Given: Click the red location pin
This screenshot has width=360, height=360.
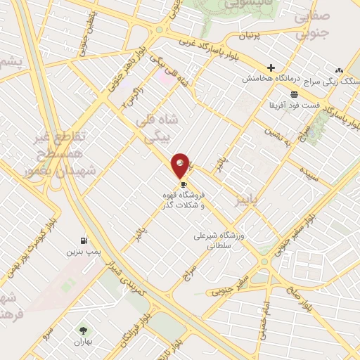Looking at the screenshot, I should (x=181, y=166).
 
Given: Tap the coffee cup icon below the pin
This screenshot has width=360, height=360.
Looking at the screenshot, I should (x=184, y=184).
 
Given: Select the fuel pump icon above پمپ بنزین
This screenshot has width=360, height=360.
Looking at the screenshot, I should (x=85, y=240).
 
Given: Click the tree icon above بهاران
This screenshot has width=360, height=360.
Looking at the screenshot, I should (x=84, y=330).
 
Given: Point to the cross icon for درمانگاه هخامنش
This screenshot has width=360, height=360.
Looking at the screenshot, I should (x=271, y=67).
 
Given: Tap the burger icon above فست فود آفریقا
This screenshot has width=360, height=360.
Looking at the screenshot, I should (x=293, y=94).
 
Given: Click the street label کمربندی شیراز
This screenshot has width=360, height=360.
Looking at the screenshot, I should (x=124, y=266).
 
